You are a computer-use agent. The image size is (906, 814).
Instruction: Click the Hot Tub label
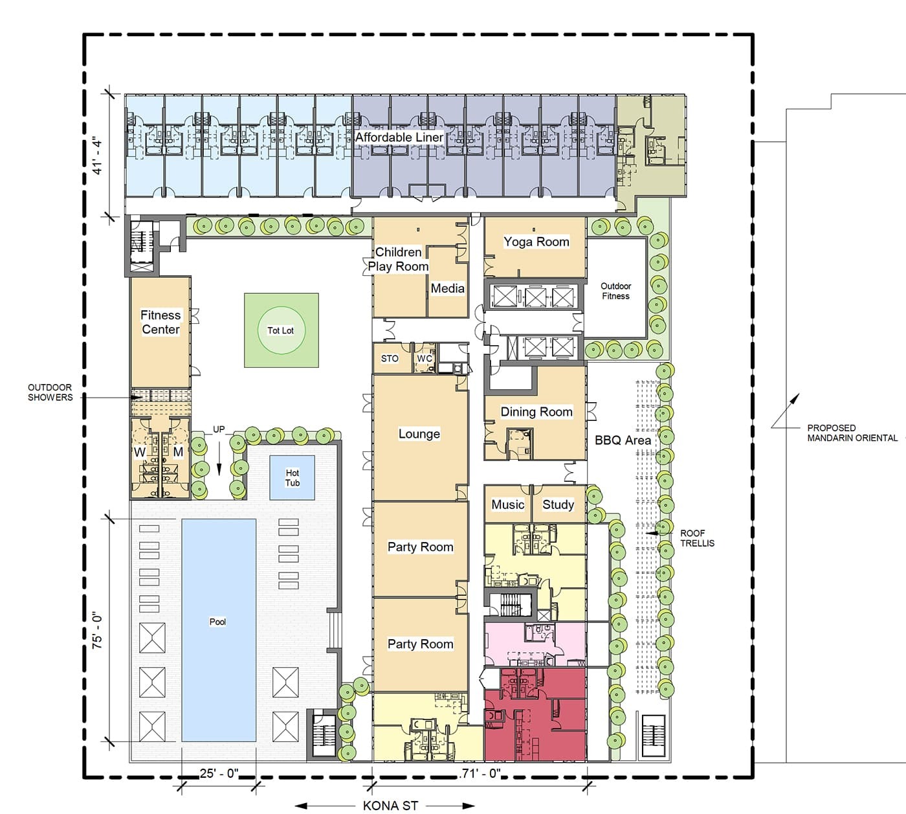[x=292, y=477]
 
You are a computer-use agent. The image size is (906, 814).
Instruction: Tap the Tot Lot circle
[x=282, y=331]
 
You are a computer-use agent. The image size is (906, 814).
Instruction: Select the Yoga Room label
[x=536, y=242]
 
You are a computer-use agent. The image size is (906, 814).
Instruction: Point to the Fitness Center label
[x=160, y=322]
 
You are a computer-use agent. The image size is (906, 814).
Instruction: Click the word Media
[x=447, y=288]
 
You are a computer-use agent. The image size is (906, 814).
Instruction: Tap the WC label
[x=425, y=359]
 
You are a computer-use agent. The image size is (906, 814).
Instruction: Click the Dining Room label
[x=536, y=412]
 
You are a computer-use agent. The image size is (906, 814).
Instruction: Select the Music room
[x=507, y=504]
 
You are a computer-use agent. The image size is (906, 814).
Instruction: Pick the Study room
[x=559, y=504]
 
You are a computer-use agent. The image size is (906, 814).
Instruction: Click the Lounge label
[x=419, y=434]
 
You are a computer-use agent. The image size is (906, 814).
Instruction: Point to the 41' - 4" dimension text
[x=97, y=157]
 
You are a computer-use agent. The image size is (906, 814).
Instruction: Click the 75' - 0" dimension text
[x=97, y=632]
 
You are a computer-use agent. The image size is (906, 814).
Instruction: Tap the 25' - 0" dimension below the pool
[x=219, y=773]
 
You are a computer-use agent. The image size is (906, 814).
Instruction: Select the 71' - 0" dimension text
[x=480, y=773]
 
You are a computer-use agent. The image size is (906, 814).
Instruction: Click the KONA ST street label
[x=390, y=806]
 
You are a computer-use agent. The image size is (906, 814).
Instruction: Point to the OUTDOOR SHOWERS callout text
[x=50, y=392]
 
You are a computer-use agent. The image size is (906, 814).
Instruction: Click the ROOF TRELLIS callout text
[x=697, y=538]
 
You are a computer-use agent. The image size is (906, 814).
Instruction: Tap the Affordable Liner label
[x=399, y=137]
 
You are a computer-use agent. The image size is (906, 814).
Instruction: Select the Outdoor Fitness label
[x=616, y=291]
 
